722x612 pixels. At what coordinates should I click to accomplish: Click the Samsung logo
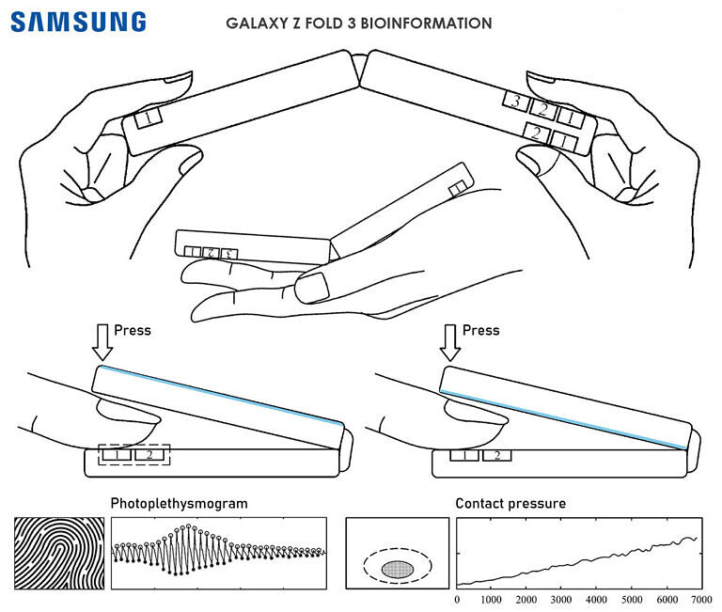click(x=79, y=21)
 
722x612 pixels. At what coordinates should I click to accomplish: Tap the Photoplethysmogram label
click(x=180, y=504)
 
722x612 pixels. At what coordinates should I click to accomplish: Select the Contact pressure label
click(x=510, y=504)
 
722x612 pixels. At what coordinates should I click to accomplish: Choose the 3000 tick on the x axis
click(x=561, y=599)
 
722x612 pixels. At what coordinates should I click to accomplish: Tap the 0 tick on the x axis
click(x=457, y=599)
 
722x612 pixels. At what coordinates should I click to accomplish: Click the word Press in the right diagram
click(x=480, y=331)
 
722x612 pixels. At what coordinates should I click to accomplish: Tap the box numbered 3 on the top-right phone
click(x=513, y=101)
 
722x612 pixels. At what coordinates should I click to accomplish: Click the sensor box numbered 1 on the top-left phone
click(x=149, y=119)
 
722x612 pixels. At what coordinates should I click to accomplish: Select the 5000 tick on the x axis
click(x=631, y=599)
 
